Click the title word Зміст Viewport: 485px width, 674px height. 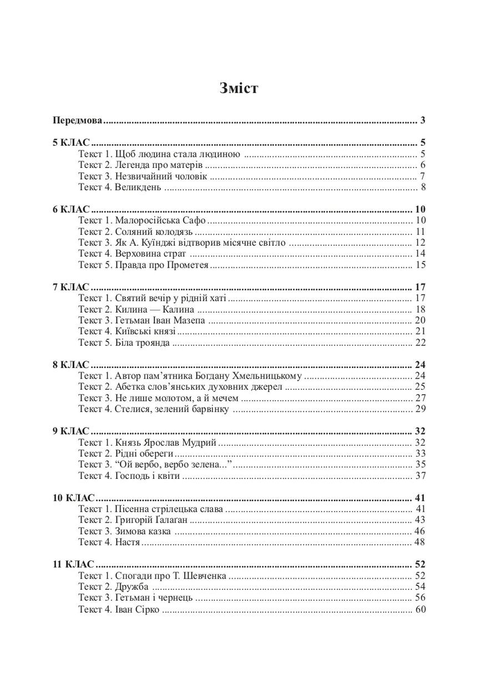(238, 88)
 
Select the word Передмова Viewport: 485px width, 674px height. (78, 120)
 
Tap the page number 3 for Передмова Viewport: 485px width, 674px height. (423, 120)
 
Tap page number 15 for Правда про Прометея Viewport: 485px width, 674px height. (420, 265)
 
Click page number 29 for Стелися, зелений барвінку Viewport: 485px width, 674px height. (420, 409)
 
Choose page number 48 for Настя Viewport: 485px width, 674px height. (420, 542)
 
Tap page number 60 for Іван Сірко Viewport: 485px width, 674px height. (420, 610)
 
